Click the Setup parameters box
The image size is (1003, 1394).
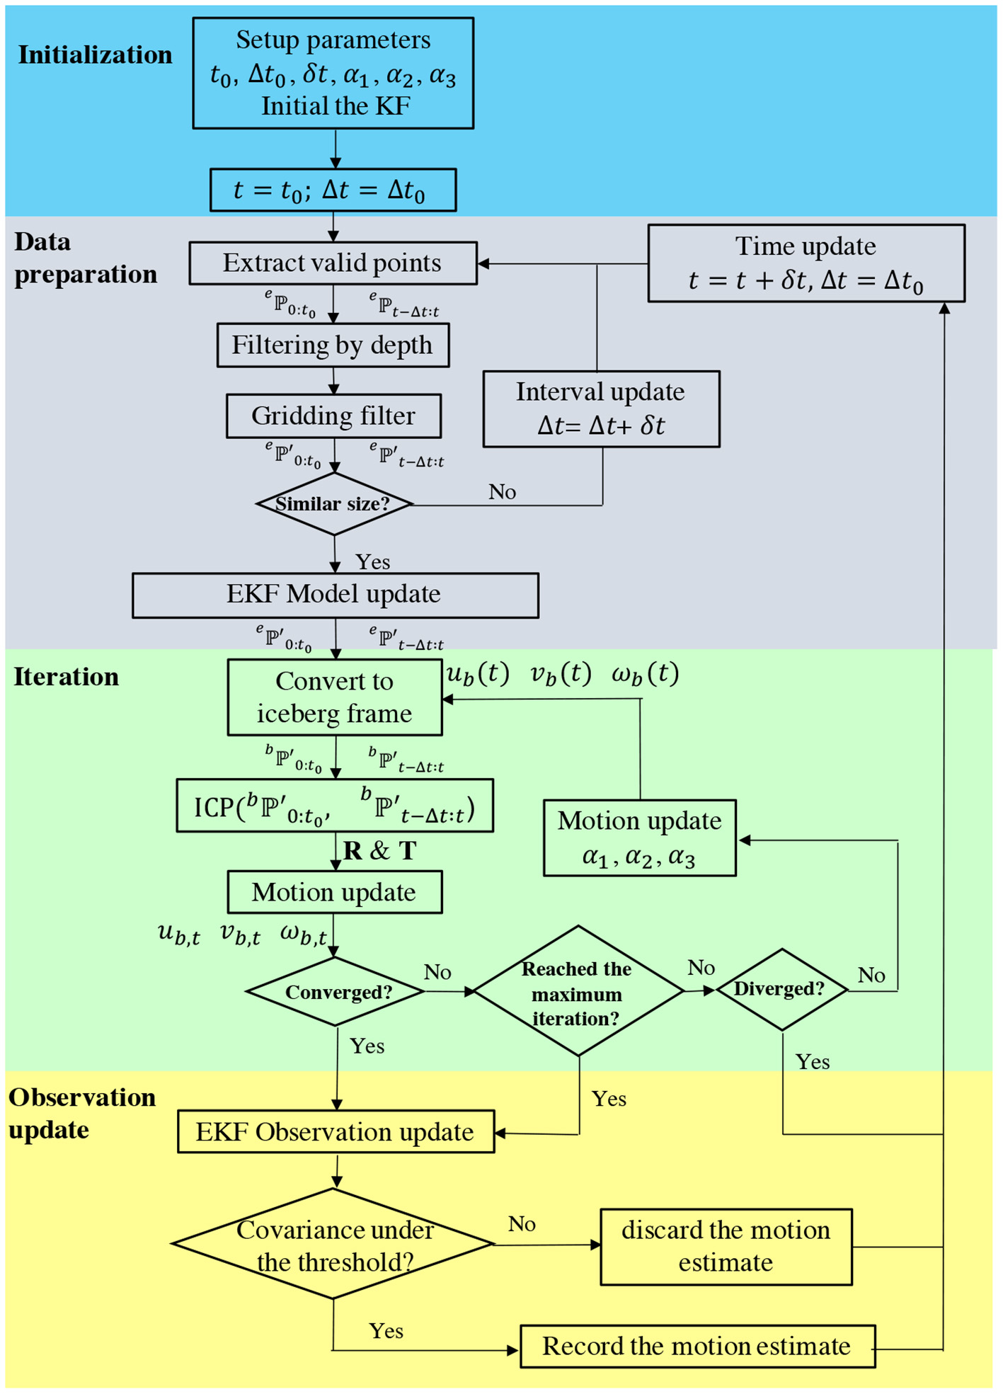point(333,73)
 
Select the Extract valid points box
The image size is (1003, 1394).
point(333,263)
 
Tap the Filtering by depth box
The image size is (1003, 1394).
point(333,345)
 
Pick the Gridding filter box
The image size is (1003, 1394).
point(333,416)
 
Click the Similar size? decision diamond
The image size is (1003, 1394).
point(333,504)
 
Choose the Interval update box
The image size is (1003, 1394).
point(601,409)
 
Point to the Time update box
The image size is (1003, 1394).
point(806,263)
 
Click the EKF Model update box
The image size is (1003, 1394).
point(335,595)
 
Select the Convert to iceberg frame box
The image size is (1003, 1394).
point(334,697)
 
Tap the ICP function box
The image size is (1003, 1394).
point(334,806)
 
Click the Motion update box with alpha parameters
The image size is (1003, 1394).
point(639,838)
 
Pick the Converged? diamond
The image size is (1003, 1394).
point(336,991)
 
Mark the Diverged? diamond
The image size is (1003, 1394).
point(781,989)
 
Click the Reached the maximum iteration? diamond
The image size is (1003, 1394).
point(578,991)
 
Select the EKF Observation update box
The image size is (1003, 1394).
point(336,1131)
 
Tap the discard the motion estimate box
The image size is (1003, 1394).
point(726,1247)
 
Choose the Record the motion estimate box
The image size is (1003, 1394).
point(697,1346)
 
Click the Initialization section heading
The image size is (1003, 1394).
point(95,55)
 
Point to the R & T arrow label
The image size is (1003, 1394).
point(380,850)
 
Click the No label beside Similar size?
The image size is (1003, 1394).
point(502,492)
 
